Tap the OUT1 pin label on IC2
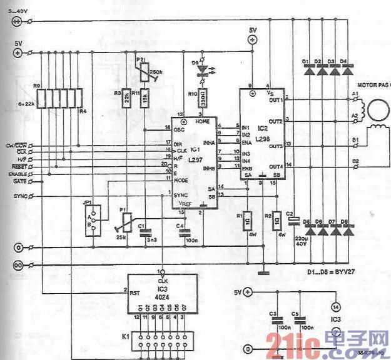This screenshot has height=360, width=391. (x=276, y=100)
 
